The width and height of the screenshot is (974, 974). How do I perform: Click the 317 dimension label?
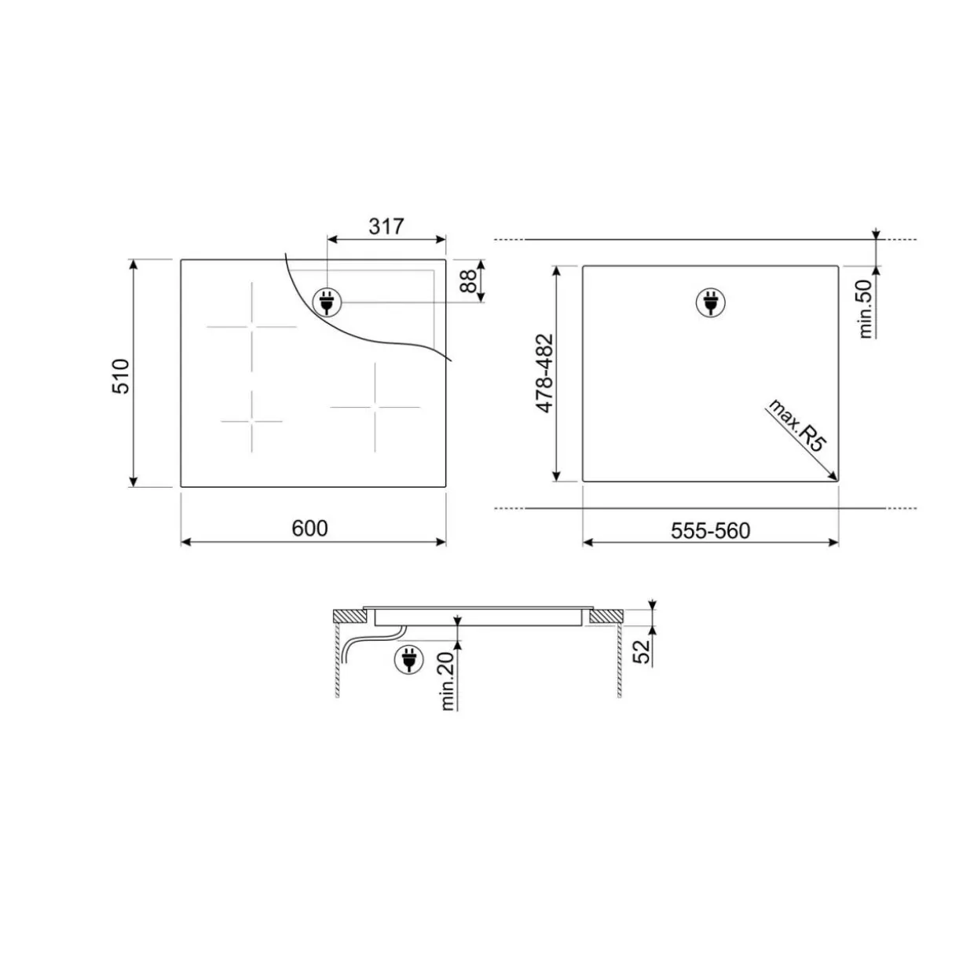386,226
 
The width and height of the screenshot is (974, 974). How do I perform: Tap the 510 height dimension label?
121,376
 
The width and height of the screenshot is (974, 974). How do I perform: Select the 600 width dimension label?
309,528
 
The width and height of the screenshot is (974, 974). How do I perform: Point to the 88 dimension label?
469,281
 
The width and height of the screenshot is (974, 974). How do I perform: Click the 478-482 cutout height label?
544,374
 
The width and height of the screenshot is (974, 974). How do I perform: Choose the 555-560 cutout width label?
710,531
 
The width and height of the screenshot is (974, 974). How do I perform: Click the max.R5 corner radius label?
796,425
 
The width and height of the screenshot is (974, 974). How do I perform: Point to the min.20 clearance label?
448,681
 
